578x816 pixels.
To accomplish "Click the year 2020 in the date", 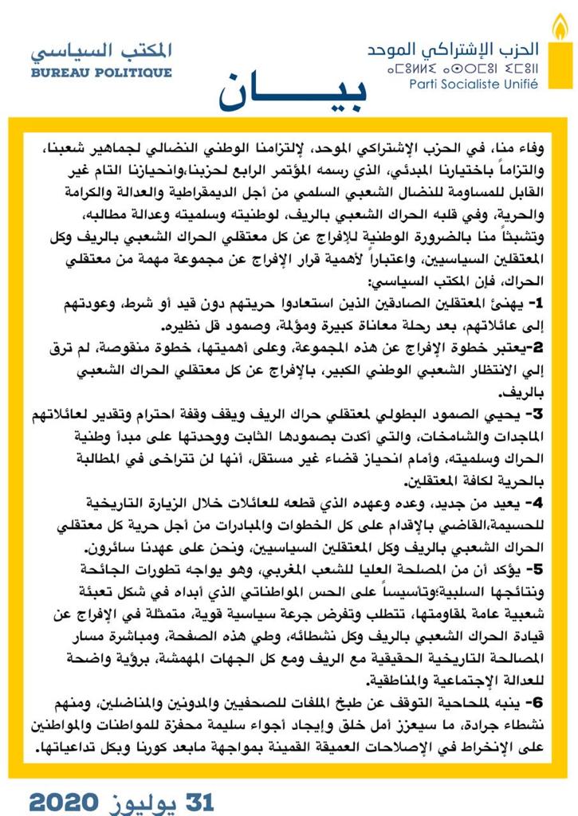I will (64, 800).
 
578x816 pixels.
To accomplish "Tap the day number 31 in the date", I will (197, 800).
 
